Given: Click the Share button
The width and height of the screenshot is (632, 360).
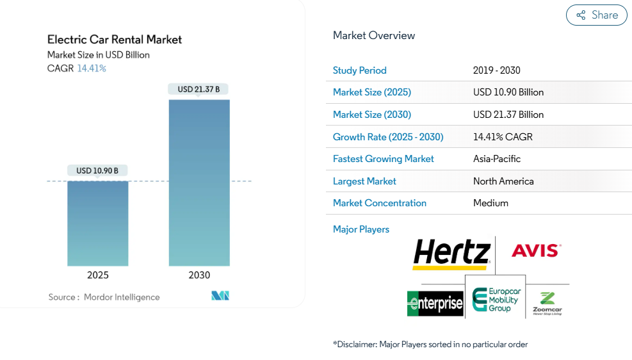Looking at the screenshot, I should (x=596, y=15).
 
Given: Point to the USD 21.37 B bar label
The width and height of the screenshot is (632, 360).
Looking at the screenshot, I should (x=199, y=90).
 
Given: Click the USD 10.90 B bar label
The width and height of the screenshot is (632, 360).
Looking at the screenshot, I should (x=97, y=170).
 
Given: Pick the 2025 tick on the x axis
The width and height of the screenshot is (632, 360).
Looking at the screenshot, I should (x=98, y=275).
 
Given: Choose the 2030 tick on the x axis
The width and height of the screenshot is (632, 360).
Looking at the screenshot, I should (x=199, y=275).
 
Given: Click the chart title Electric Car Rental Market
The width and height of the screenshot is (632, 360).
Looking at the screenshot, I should (x=115, y=40).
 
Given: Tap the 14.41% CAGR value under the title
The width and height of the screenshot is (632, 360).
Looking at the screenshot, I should (x=92, y=69).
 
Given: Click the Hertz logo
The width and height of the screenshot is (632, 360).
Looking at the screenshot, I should (x=451, y=253).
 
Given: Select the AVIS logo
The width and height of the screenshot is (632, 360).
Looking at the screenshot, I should (x=536, y=250).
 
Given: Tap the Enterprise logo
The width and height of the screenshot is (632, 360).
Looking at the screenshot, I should (x=435, y=303).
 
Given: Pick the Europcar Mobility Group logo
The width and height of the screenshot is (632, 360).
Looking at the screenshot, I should (x=496, y=300).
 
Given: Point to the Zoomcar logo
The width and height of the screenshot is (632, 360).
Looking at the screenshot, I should (x=547, y=303).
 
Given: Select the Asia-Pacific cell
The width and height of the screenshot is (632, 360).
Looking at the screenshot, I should (x=497, y=159).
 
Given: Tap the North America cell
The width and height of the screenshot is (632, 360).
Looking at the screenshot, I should (x=503, y=181).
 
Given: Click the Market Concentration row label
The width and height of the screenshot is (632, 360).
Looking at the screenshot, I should (x=380, y=203).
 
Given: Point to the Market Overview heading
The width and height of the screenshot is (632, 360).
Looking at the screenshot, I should (x=374, y=36).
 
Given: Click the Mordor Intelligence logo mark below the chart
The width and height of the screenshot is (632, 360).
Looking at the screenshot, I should (x=220, y=296).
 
